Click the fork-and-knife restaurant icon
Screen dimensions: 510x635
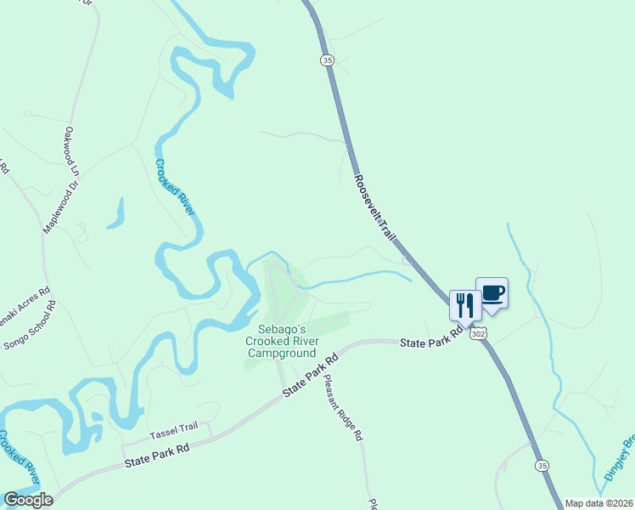(x=464, y=304)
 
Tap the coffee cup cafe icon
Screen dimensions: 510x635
(x=492, y=293)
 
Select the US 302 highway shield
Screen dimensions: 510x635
(x=480, y=334)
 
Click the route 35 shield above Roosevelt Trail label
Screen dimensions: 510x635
(x=328, y=59)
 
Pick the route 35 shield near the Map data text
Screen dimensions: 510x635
(x=541, y=466)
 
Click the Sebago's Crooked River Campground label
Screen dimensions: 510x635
(x=281, y=341)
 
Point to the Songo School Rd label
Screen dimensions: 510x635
(x=31, y=326)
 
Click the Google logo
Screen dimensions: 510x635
(x=27, y=500)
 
